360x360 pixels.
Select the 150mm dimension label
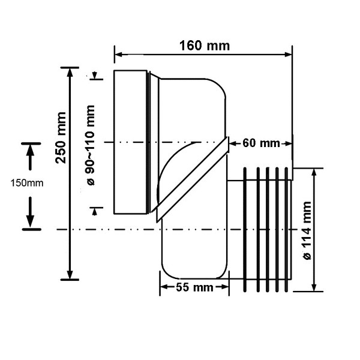tap(25, 183)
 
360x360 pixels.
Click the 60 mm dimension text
tap(262, 143)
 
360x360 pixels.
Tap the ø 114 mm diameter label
tap(307, 229)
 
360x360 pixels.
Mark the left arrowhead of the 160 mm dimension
tap(118, 55)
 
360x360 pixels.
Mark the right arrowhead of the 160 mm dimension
tap(289, 55)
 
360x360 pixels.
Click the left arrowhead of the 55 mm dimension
tap(163, 287)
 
